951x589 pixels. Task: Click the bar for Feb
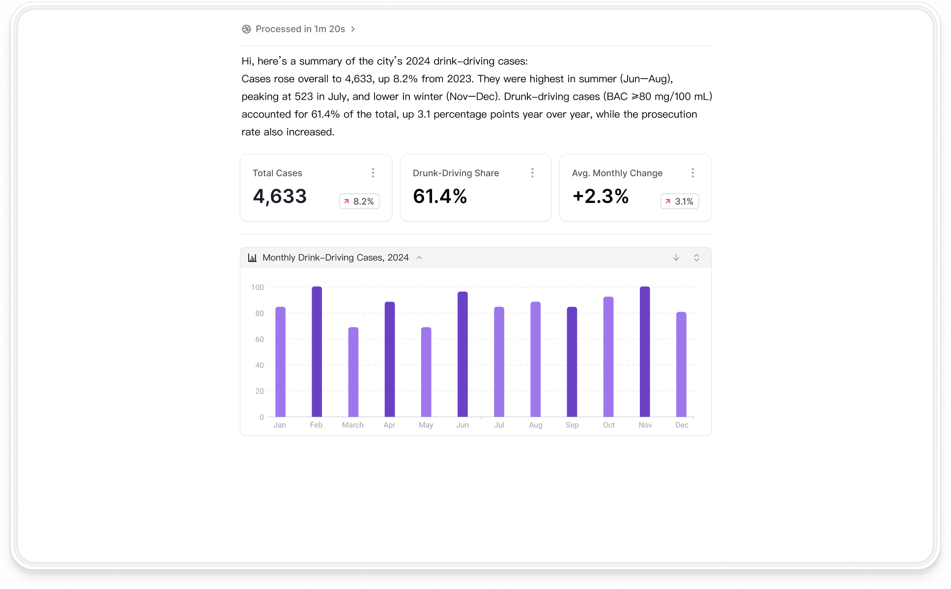point(317,352)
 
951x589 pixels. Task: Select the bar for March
point(353,372)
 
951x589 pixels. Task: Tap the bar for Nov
point(645,352)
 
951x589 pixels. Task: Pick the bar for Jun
point(462,354)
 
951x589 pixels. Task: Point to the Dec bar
point(681,364)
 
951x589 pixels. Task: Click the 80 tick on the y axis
point(259,313)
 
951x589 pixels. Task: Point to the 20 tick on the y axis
point(259,391)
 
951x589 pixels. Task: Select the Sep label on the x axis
point(572,425)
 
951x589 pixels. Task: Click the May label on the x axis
point(426,425)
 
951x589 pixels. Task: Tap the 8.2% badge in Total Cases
point(359,201)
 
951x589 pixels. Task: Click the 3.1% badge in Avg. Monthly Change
point(680,201)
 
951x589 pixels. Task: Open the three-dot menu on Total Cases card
point(373,173)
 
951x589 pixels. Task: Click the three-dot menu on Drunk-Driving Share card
point(532,173)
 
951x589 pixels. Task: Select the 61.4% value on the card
point(440,196)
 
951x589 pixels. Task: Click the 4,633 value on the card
point(280,197)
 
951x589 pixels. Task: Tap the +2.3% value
point(601,196)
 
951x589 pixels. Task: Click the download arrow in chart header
point(676,258)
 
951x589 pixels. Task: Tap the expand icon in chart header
point(696,258)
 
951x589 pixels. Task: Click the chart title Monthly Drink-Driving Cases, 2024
point(336,258)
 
